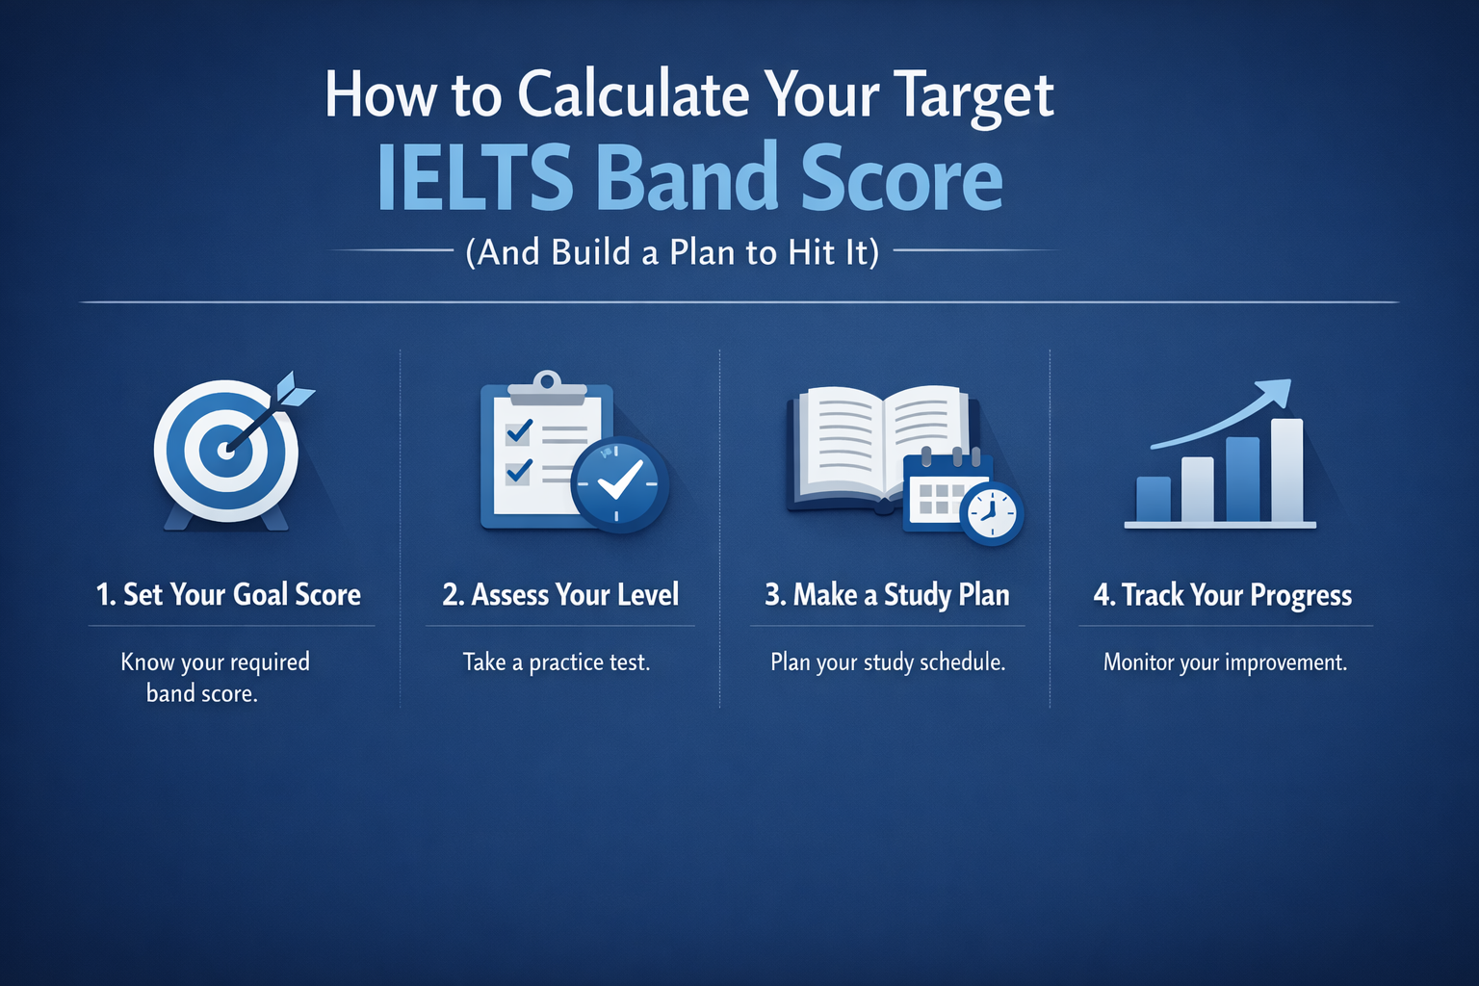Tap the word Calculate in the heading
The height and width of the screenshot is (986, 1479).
pos(633,95)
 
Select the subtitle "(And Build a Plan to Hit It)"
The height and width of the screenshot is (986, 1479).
pos(672,252)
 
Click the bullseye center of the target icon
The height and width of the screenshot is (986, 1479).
pos(226,450)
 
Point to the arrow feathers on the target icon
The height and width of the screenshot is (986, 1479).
pos(295,390)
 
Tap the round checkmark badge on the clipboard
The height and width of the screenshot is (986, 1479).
pos(619,484)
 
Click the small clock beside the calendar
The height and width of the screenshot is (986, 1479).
pos(992,513)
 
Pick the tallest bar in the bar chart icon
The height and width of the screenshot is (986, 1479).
pos(1286,470)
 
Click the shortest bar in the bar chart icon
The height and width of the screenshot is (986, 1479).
pos(1154,499)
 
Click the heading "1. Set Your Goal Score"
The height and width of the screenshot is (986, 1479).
pos(228,595)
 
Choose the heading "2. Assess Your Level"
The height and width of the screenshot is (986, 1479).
pos(560,595)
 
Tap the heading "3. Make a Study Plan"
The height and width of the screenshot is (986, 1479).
pos(887,595)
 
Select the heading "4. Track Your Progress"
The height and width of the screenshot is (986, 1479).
pos(1222,596)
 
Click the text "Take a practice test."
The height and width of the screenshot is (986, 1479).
pos(557,662)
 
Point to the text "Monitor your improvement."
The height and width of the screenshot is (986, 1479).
pos(1225,662)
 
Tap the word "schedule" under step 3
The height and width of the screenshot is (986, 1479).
pos(959,662)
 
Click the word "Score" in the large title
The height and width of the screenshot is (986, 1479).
pos(901,178)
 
